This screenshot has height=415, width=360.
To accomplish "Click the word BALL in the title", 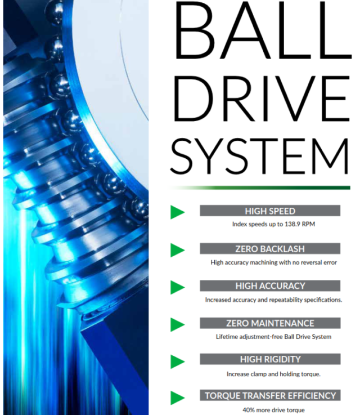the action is pos(263,30).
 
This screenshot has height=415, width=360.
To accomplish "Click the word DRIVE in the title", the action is pos(262,99).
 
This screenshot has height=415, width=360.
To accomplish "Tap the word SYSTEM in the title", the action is pos(259,156).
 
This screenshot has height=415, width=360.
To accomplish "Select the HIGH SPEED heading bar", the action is pos(270,211).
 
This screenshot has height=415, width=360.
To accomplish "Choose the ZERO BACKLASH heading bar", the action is pos(270,248).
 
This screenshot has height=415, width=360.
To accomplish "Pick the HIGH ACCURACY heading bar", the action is pos(270,286).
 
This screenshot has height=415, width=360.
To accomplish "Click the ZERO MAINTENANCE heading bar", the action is pos(270,323).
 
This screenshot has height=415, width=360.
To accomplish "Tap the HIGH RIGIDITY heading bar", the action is pos(270,359).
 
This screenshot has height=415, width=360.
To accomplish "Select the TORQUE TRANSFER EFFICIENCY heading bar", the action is pos(270,395).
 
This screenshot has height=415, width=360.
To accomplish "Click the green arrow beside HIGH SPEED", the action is pos(177,212).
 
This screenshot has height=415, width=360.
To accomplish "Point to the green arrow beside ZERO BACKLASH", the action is pos(177,250).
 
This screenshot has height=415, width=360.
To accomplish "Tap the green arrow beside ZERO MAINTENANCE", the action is pos(177,324).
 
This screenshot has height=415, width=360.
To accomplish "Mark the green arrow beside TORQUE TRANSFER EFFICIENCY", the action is pos(177,398).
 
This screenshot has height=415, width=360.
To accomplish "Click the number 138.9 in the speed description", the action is pos(292,224).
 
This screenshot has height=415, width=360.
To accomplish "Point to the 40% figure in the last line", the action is pos(249,410).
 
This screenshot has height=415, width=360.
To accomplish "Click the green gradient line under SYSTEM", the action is pos(260,188).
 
